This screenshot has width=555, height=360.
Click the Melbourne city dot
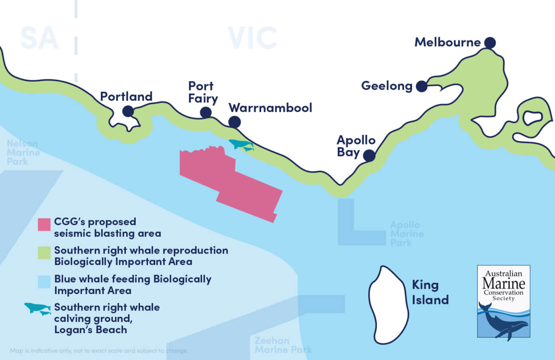pyautogui.click(x=490, y=42)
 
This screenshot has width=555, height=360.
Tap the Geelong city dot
pyautogui.click(x=421, y=86)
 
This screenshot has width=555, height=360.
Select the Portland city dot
pyautogui.click(x=128, y=111)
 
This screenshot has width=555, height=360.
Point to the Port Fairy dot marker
pyautogui.click(x=206, y=112)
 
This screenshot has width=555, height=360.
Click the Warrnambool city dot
pyautogui.click(x=234, y=122)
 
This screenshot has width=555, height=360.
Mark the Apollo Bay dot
pyautogui.click(x=369, y=156)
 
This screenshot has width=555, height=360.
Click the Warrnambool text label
pyautogui.click(x=270, y=108)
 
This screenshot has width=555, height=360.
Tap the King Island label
pyautogui.click(x=430, y=292)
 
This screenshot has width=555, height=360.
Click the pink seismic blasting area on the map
pyautogui.click(x=232, y=180)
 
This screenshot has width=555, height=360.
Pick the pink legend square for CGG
pyautogui.click(x=44, y=224)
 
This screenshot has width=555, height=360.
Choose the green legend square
pyautogui.click(x=44, y=253)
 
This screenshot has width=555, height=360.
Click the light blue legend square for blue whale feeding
pyautogui.click(x=44, y=282)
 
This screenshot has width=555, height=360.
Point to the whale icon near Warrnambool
pyautogui.click(x=241, y=145)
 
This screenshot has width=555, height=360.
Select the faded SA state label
pyautogui.click(x=39, y=38)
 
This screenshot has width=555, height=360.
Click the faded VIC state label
pyautogui.click(x=252, y=38)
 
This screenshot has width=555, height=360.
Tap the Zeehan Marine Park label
pyautogui.click(x=283, y=345)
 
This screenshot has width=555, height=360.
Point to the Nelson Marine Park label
pyautogui.click(x=23, y=153)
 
